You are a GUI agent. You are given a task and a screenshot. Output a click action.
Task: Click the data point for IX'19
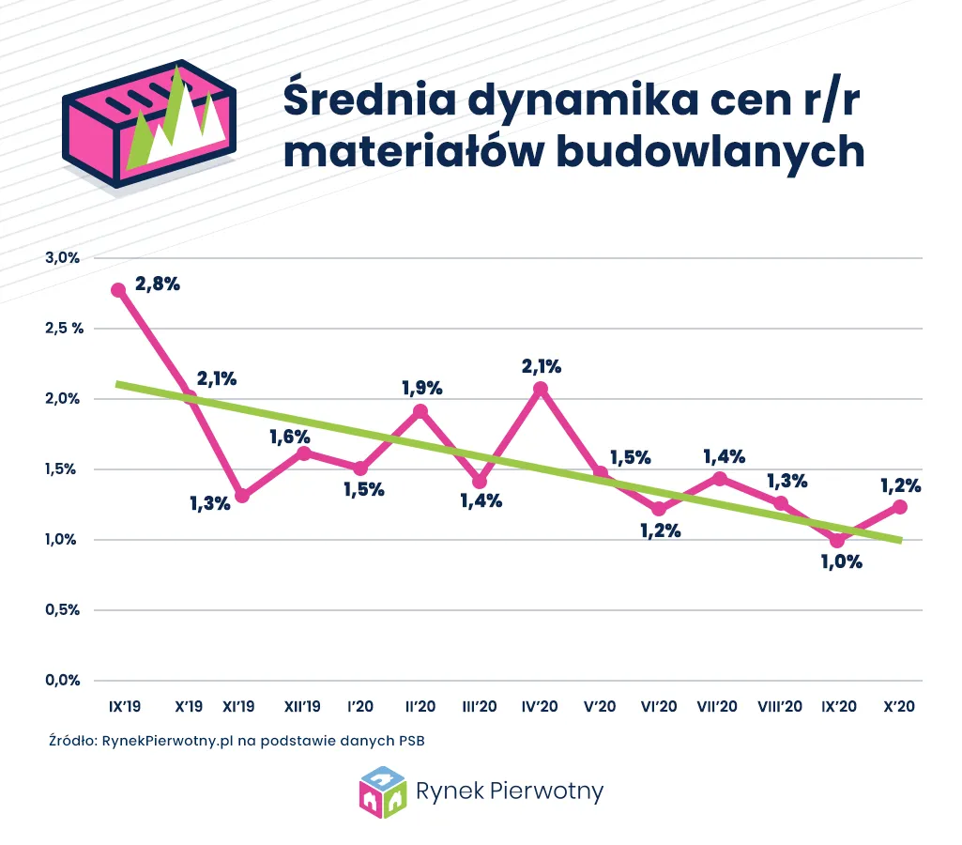point(118,290)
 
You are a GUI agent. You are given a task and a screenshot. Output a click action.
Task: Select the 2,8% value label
point(157,284)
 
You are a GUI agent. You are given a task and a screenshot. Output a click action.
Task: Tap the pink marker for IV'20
point(540,389)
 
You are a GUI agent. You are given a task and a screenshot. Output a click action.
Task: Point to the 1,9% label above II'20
point(421,387)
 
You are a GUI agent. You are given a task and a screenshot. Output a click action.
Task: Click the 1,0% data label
point(842,563)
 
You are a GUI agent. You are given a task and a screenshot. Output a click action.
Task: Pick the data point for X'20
point(899,507)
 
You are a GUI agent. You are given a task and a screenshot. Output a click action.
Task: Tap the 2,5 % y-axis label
point(64,329)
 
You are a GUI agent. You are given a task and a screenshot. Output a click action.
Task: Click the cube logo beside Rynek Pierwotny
point(383,792)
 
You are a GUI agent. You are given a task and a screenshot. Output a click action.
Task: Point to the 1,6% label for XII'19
point(290,436)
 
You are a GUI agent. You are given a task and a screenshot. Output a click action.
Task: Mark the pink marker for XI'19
point(242,496)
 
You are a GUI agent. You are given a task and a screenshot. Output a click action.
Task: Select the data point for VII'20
point(720,479)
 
